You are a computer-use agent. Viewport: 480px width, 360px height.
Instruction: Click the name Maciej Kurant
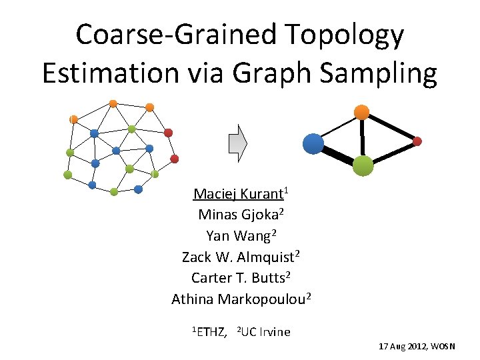[x=238, y=195]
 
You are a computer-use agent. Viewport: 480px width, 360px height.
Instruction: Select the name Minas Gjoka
[x=239, y=215]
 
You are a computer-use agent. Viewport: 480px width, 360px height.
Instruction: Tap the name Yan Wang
[x=239, y=236]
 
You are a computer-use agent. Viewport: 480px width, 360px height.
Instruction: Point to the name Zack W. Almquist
[x=239, y=257]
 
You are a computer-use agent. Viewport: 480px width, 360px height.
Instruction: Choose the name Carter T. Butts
[x=239, y=277]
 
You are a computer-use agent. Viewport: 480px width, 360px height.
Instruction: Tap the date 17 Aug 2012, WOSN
[x=417, y=347]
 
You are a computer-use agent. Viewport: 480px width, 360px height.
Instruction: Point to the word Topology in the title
[x=345, y=35]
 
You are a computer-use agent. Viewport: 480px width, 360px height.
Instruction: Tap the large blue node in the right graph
[x=313, y=144]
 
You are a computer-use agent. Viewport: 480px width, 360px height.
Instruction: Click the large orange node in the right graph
[x=362, y=112]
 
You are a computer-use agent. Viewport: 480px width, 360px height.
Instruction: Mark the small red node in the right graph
[x=417, y=141]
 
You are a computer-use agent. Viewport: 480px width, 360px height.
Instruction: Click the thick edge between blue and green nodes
[x=338, y=155]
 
